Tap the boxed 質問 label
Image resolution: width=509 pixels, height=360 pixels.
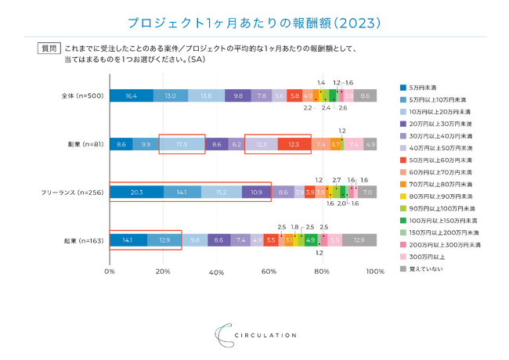click(x=49, y=49)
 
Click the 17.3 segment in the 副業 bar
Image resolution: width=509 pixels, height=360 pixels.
click(x=182, y=144)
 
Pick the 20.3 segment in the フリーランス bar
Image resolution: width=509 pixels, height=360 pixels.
click(x=136, y=192)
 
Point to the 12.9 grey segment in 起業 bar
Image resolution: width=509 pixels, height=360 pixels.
click(x=359, y=239)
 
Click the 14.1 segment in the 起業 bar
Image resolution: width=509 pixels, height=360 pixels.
click(x=128, y=239)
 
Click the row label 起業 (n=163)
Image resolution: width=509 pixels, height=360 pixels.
click(x=82, y=239)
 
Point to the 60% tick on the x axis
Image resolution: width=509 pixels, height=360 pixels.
click(x=269, y=272)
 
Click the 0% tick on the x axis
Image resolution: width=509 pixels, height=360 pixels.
click(x=110, y=272)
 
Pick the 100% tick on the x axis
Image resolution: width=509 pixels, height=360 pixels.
click(x=374, y=272)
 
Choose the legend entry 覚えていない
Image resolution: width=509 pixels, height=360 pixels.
click(x=429, y=268)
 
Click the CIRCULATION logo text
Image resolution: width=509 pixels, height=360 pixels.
click(x=266, y=335)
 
